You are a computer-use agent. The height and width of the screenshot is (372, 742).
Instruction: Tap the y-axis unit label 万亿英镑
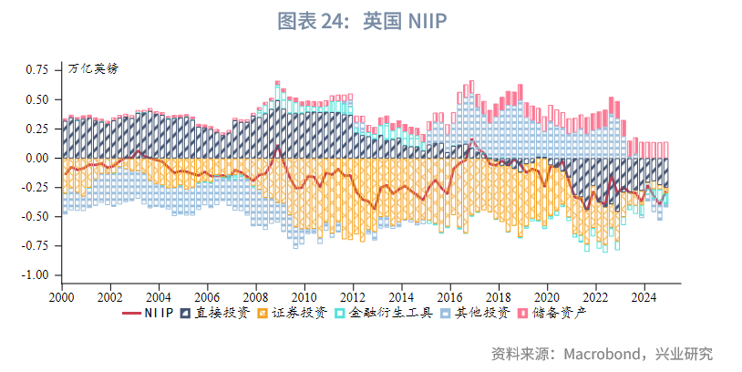(x=93, y=68)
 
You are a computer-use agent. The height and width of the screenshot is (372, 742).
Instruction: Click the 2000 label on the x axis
(x=62, y=297)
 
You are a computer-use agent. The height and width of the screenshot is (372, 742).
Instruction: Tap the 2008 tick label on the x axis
(x=256, y=297)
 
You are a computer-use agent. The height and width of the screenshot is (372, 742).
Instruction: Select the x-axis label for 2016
(x=450, y=297)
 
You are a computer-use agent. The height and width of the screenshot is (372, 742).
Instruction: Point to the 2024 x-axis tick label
(x=644, y=297)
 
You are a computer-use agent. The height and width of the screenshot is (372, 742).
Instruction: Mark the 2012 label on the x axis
(x=353, y=297)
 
